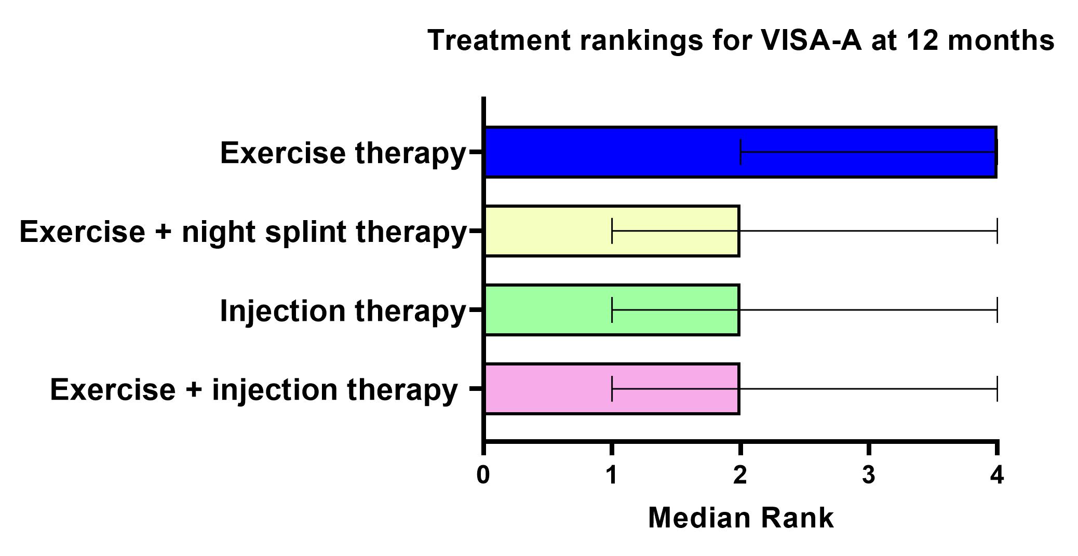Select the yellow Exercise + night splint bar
coord(612,231)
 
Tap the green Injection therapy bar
coord(612,310)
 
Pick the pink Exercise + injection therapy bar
coord(612,389)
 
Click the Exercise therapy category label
coord(343,154)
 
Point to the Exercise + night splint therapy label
coord(243,232)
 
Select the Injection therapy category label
coord(343,311)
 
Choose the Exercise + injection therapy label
coord(254,390)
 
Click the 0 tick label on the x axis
coord(483,475)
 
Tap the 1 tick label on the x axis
coord(612,475)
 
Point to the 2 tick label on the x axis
coord(740,475)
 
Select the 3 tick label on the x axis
coord(869,475)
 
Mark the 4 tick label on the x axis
coord(997,475)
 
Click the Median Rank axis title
coord(741,518)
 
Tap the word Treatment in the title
coord(499,40)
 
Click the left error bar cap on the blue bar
coord(740,152)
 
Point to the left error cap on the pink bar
coord(612,389)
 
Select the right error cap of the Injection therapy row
coord(997,310)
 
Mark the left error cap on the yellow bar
coord(612,231)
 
